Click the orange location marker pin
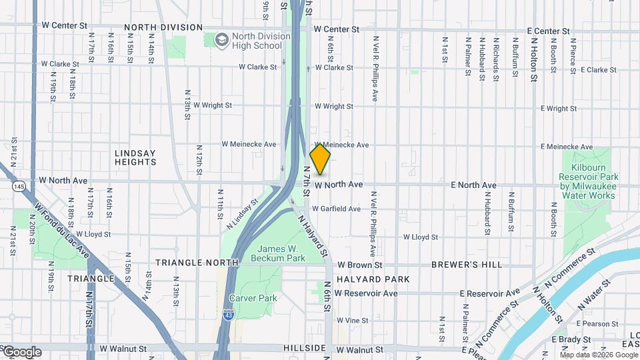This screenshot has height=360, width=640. (x=320, y=159)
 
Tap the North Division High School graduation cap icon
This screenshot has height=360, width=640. (x=221, y=41)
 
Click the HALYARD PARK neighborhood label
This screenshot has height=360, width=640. (x=373, y=279)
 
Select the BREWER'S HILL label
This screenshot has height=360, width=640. (x=467, y=265)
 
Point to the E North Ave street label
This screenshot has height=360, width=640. (x=473, y=185)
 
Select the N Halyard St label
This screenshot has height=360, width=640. (x=313, y=235)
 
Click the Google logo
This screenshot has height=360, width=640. (x=22, y=351)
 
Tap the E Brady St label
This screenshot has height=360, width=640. (x=567, y=339)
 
